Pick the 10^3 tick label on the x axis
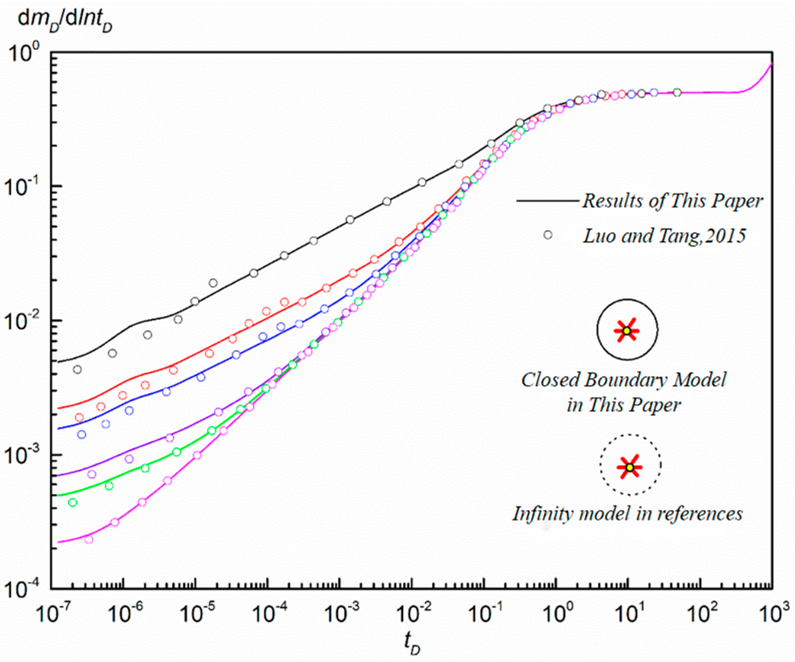pos(772,614)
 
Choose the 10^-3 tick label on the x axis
pos(340,614)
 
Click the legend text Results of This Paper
pos(672,201)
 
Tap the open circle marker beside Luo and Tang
pos(548,235)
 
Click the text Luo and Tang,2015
pos(665,236)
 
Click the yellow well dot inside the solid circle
pos(627,331)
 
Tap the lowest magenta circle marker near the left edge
pos(89,539)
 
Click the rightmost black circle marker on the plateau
pos(677,92)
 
